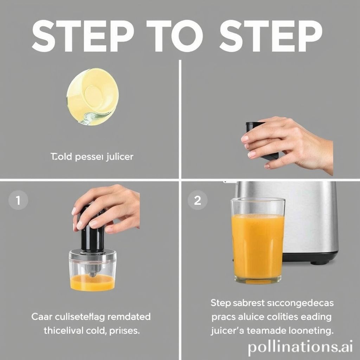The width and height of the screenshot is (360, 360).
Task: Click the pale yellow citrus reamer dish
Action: (92, 96)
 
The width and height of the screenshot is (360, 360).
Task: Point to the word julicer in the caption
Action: (119, 156)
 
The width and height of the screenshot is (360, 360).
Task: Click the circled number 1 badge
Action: (17, 201)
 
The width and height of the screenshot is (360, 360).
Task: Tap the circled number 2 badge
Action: (198, 201)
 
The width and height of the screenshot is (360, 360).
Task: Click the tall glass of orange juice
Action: (258, 243)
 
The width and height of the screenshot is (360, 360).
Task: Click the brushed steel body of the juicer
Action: (309, 218)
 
